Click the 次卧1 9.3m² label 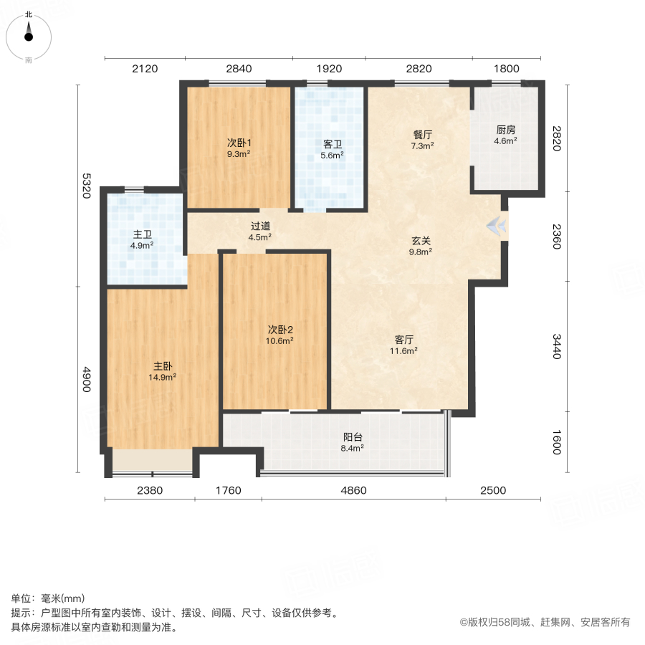click(239, 148)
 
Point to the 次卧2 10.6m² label click(280, 335)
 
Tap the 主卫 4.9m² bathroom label click(141, 239)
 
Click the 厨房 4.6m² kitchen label click(505, 135)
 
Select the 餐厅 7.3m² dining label click(422, 140)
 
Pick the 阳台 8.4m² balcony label click(352, 442)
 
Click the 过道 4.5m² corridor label click(260, 231)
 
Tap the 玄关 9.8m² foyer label click(420, 246)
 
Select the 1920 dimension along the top click(329, 69)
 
